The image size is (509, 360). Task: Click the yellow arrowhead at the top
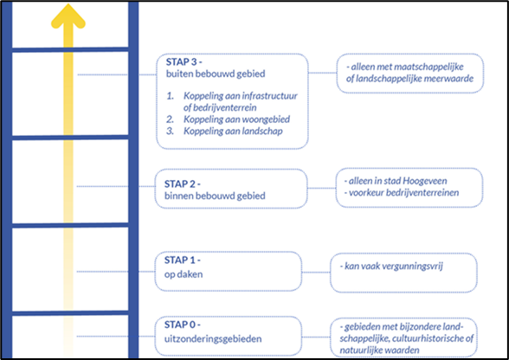tap(68, 16)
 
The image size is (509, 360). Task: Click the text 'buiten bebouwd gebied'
tap(216, 74)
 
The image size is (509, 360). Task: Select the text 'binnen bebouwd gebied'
tap(215, 196)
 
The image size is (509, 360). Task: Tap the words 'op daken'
tap(184, 274)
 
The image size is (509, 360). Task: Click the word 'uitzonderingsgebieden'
tap(213, 339)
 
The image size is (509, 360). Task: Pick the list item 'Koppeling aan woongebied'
tap(236, 119)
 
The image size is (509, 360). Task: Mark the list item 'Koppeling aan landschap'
tap(233, 132)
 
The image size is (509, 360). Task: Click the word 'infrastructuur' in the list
tap(270, 96)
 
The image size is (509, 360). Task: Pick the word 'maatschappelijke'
tap(428, 67)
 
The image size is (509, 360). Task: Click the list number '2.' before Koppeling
tap(171, 119)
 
